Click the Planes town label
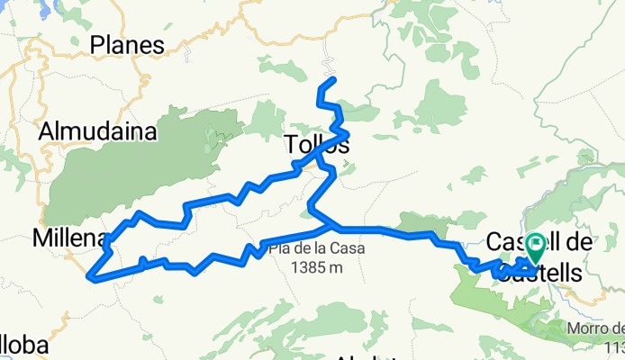click(x=128, y=45)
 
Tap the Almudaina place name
click(x=98, y=131)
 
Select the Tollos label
click(x=316, y=144)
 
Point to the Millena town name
click(x=68, y=238)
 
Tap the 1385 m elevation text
click(x=312, y=265)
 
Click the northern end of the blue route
click(x=334, y=80)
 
